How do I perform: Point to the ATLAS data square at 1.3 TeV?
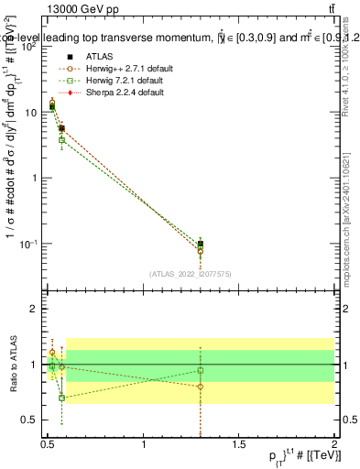[201, 245]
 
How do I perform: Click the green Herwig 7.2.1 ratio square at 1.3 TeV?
[201, 371]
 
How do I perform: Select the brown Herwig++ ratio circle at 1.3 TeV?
[201, 387]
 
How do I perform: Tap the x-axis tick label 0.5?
[49, 443]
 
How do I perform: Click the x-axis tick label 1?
[144, 443]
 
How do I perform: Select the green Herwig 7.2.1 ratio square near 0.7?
[61, 398]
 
